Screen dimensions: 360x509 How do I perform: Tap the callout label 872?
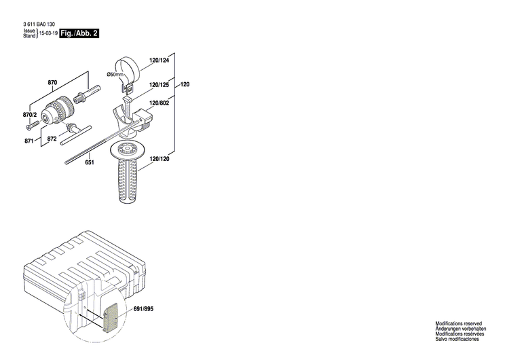(x=52, y=138)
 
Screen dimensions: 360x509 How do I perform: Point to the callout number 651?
(x=90, y=162)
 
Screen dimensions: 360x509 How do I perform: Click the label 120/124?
(x=159, y=61)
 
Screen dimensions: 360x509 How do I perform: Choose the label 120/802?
(x=159, y=103)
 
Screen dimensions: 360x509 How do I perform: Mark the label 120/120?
(x=159, y=158)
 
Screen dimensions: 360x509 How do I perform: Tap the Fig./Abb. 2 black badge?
(x=79, y=33)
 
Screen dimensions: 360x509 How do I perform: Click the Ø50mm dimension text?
(x=116, y=74)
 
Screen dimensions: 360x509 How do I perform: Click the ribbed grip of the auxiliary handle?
(x=127, y=181)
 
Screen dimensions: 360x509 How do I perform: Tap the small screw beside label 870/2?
(x=30, y=127)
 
